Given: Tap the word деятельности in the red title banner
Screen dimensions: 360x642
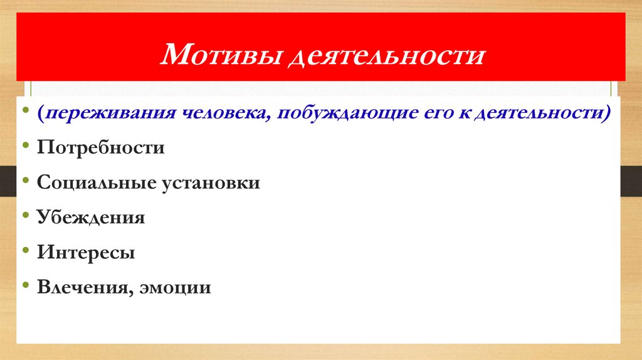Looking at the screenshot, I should coord(386,56).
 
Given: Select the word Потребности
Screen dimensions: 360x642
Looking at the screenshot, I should coord(100,149).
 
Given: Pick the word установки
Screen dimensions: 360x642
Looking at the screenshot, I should coord(213,184).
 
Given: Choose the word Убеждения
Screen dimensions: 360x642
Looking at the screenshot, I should coord(91,218).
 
